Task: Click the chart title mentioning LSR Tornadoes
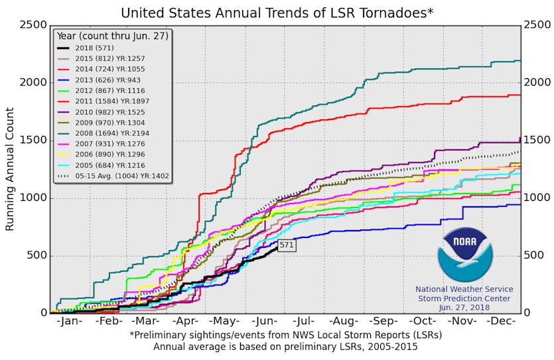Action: coord(277,12)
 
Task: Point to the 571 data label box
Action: coord(287,245)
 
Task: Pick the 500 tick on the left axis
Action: coord(36,256)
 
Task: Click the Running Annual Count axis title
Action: coord(10,170)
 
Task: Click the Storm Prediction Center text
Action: coord(464,298)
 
